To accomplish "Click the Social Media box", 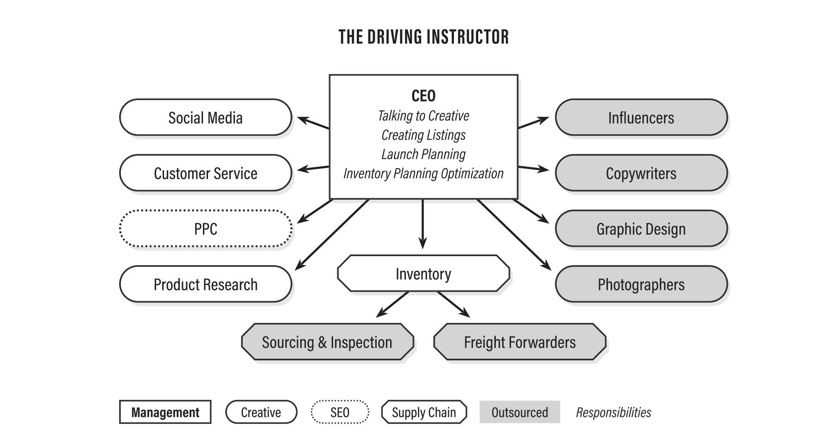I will pyautogui.click(x=205, y=118).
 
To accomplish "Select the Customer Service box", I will pyautogui.click(x=205, y=173).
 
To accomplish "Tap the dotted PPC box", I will pyautogui.click(x=205, y=229).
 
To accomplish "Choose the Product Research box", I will pyautogui.click(x=205, y=284).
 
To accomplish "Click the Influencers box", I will pyautogui.click(x=641, y=118).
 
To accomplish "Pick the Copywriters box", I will pyautogui.click(x=641, y=173).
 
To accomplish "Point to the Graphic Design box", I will pyautogui.click(x=641, y=229).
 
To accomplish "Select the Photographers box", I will pyautogui.click(x=641, y=284).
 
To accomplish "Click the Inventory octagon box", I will pyautogui.click(x=423, y=274).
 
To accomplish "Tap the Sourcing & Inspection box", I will pyautogui.click(x=327, y=342).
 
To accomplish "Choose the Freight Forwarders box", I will pyautogui.click(x=519, y=342).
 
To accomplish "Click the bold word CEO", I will pyautogui.click(x=423, y=96).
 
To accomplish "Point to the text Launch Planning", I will pyautogui.click(x=423, y=154).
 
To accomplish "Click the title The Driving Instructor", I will pyautogui.click(x=423, y=37).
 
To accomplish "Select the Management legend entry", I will pyautogui.click(x=165, y=412).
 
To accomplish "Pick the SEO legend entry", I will pyautogui.click(x=340, y=412).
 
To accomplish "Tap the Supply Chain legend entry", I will pyautogui.click(x=423, y=412).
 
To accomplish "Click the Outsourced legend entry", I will pyautogui.click(x=519, y=412).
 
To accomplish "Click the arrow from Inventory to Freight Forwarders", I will pyautogui.click(x=453, y=304).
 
